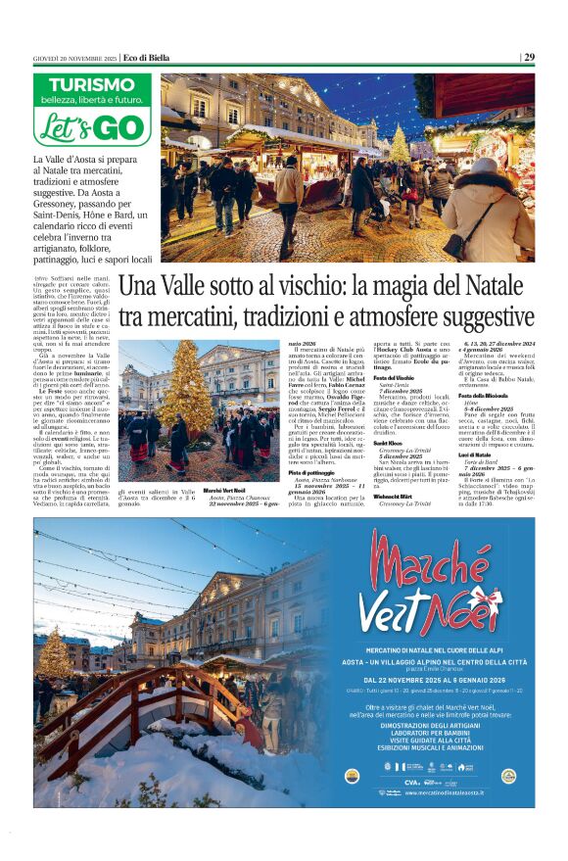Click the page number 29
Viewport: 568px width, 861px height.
pyautogui.click(x=529, y=57)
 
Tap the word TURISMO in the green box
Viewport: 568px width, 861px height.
pyautogui.click(x=94, y=85)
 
